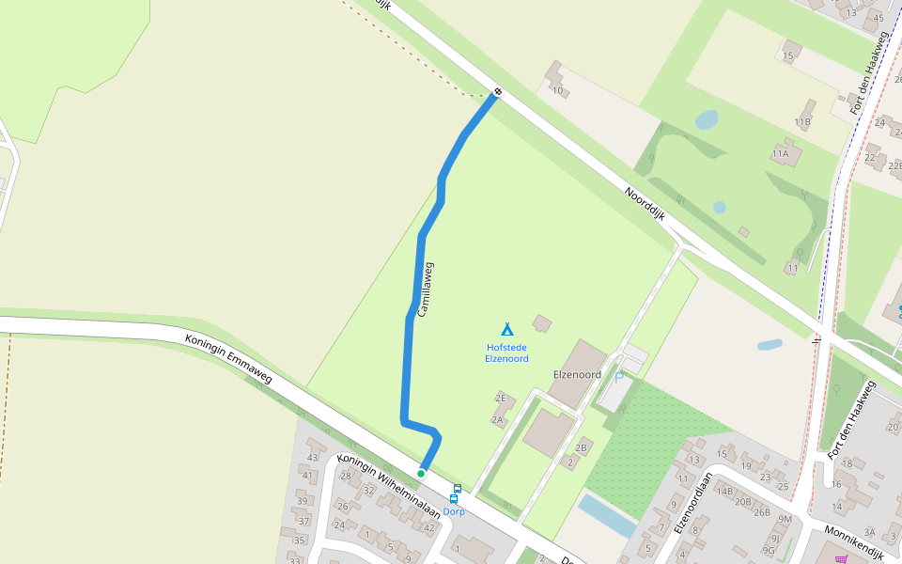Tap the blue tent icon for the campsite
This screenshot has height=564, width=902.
pyautogui.click(x=506, y=329)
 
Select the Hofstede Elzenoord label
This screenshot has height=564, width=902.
pyautogui.click(x=506, y=352)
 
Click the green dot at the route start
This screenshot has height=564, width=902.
pyautogui.click(x=421, y=473)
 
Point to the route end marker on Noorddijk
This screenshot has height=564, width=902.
pyautogui.click(x=497, y=92)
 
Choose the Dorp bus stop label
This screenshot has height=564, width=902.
pyautogui.click(x=455, y=511)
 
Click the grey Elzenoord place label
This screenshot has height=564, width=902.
pyautogui.click(x=577, y=374)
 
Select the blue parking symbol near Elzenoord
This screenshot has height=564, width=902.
pyautogui.click(x=618, y=377)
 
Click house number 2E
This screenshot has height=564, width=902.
pyautogui.click(x=501, y=398)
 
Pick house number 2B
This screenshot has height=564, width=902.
pyautogui.click(x=581, y=446)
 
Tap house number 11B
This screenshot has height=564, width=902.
pyautogui.click(x=801, y=122)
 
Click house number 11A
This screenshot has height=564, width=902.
pyautogui.click(x=780, y=153)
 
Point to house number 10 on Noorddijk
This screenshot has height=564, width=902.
pyautogui.click(x=558, y=90)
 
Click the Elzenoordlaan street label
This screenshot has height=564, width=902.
pyautogui.click(x=692, y=511)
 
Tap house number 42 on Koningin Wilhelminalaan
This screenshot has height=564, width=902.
pyautogui.click(x=429, y=527)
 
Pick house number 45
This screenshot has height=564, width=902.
pyautogui.click(x=879, y=17)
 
